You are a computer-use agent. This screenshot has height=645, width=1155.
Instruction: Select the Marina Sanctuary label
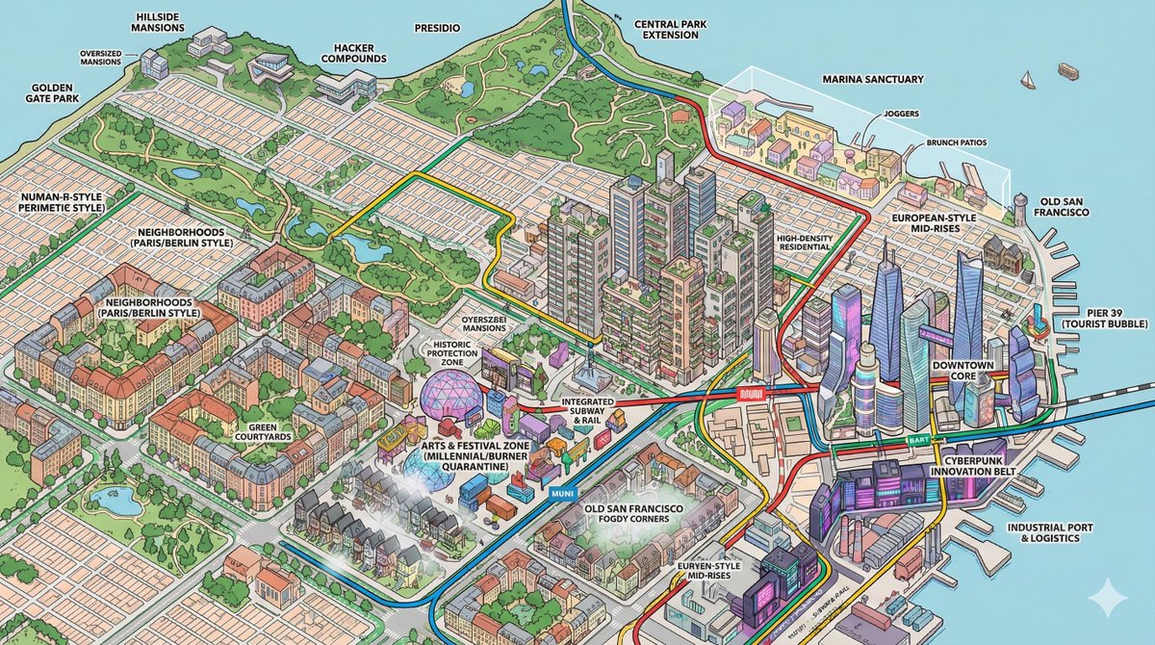pyautogui.click(x=866, y=79)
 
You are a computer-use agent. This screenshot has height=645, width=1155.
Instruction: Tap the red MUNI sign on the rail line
pyautogui.click(x=748, y=393)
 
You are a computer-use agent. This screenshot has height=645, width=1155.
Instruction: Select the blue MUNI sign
pyautogui.click(x=559, y=494)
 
